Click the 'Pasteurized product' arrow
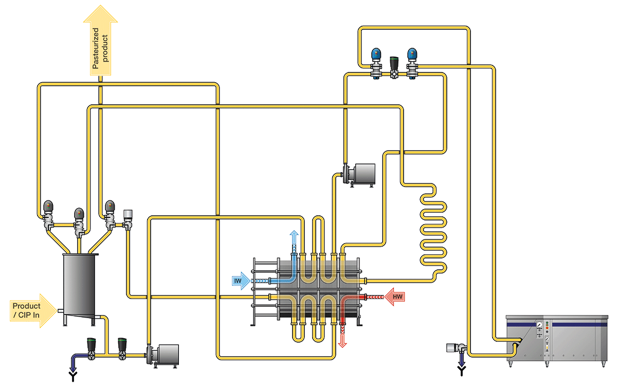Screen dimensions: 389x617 pyautogui.click(x=101, y=44)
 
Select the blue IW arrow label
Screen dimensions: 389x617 pyautogui.click(x=240, y=281)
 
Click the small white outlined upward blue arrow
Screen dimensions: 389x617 pyautogui.click(x=294, y=238)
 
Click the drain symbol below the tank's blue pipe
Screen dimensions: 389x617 pyautogui.click(x=72, y=378)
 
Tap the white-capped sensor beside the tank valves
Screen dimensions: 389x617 pyautogui.click(x=128, y=216)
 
